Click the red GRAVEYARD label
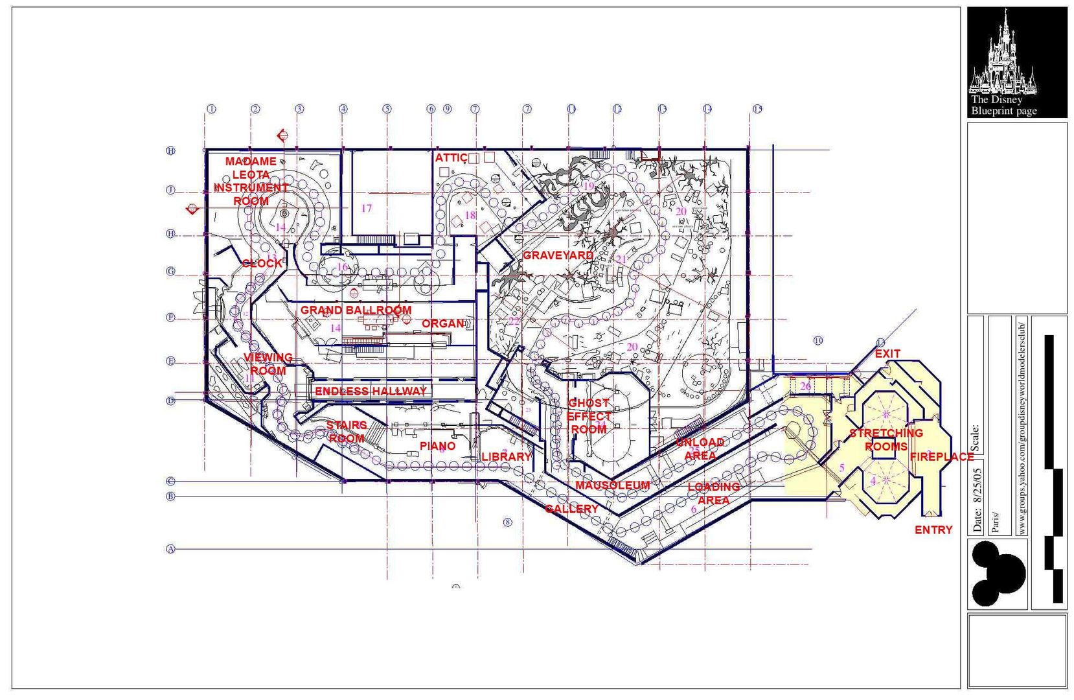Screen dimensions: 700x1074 click(558, 255)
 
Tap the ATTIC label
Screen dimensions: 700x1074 click(451, 158)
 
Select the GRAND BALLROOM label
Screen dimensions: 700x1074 click(356, 310)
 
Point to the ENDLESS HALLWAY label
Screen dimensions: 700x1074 click(371, 391)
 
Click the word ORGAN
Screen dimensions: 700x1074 click(443, 323)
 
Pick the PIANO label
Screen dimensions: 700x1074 click(437, 446)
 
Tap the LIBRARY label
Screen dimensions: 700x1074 click(506, 457)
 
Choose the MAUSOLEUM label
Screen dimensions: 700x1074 click(612, 485)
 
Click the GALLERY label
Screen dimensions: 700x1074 click(571, 509)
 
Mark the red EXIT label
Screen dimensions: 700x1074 click(887, 354)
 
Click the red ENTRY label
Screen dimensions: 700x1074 click(933, 530)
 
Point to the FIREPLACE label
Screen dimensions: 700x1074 click(942, 457)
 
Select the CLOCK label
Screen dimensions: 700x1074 click(262, 264)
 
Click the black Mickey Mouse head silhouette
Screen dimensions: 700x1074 click(997, 574)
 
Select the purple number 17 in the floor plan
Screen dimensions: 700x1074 click(367, 208)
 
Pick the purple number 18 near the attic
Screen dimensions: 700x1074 click(470, 215)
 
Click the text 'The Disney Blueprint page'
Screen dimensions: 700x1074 click(1003, 106)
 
